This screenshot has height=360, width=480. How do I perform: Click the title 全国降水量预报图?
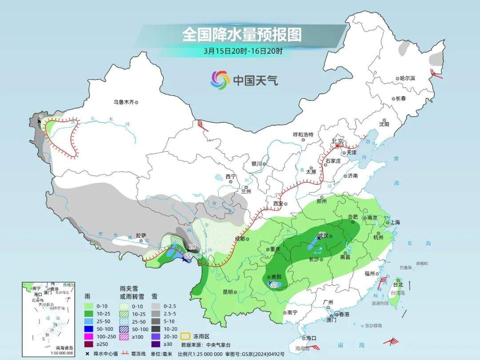241,34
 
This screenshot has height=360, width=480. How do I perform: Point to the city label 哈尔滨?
407,78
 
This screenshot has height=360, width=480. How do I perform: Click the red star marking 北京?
337,145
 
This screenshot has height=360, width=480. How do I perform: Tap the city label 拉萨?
141,236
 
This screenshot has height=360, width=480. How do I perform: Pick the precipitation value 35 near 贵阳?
274,285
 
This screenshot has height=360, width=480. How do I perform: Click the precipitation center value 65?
187,256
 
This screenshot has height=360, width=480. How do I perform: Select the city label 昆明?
228,292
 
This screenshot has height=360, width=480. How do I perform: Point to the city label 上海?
395,222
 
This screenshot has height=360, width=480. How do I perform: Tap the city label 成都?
239,239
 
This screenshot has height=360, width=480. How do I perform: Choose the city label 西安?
278,204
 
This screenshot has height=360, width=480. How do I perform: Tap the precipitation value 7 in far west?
41,117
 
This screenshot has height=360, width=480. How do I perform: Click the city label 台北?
398,284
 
